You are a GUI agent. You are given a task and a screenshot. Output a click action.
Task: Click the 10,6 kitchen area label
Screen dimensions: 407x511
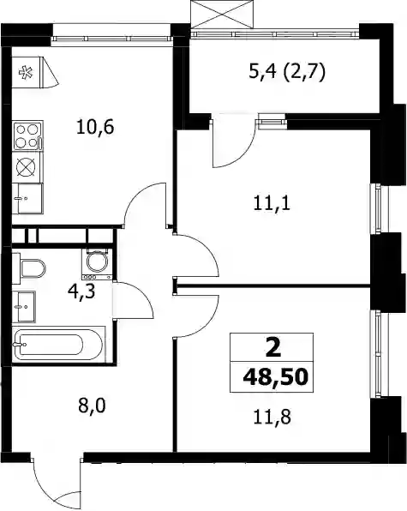coord(95,127)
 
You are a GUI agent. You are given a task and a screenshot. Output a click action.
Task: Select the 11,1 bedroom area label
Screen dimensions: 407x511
coord(272,204)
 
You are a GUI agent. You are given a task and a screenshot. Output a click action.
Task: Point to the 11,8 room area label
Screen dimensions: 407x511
coord(272,417)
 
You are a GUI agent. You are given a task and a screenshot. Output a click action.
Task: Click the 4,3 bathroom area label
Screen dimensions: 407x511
coord(81,291)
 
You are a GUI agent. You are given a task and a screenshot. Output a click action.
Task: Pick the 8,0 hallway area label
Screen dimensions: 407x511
coord(92,406)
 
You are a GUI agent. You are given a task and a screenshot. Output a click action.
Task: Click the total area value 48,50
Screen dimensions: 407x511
coord(275,377)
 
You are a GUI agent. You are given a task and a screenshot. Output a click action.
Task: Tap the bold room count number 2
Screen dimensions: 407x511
coord(272,348)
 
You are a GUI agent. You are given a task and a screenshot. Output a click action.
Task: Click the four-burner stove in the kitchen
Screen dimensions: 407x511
coord(27,136)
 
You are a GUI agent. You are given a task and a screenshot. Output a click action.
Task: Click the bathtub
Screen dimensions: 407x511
coord(58,344)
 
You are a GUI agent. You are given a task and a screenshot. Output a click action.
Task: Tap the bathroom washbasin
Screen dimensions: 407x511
coord(23,307)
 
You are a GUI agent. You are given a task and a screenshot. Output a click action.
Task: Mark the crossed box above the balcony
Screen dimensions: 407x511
coord(222,15)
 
